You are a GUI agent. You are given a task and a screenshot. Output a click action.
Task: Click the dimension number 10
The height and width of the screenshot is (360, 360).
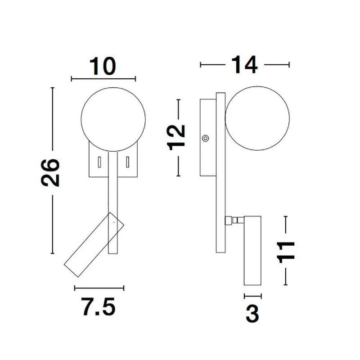103,66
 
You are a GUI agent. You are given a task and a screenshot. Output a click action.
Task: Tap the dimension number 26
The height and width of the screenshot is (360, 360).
50,172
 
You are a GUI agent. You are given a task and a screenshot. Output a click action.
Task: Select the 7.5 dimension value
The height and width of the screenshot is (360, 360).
98,306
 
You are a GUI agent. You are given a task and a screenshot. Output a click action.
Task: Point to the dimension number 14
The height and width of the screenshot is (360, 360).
244,64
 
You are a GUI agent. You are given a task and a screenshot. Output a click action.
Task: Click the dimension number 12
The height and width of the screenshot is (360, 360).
176,138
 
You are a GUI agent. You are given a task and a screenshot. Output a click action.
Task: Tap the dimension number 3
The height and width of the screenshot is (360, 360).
252,314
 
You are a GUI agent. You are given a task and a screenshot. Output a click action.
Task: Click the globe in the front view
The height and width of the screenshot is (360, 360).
113,119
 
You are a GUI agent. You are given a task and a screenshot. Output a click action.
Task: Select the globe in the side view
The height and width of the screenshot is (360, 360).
257,118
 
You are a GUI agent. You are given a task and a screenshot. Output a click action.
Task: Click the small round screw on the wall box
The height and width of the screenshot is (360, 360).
205,138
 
